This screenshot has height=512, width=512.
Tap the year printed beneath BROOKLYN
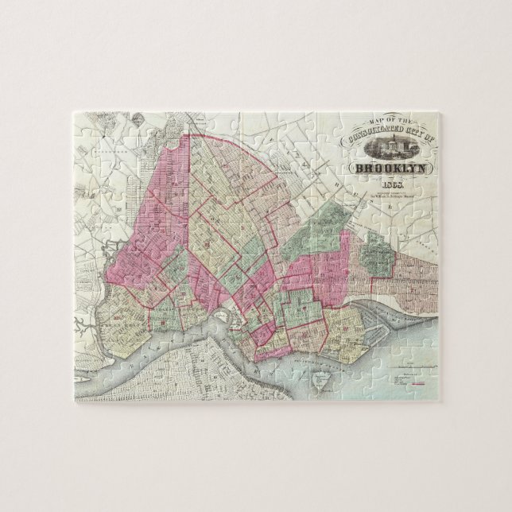(x=392, y=188)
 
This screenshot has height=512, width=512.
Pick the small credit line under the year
(x=391, y=197)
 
